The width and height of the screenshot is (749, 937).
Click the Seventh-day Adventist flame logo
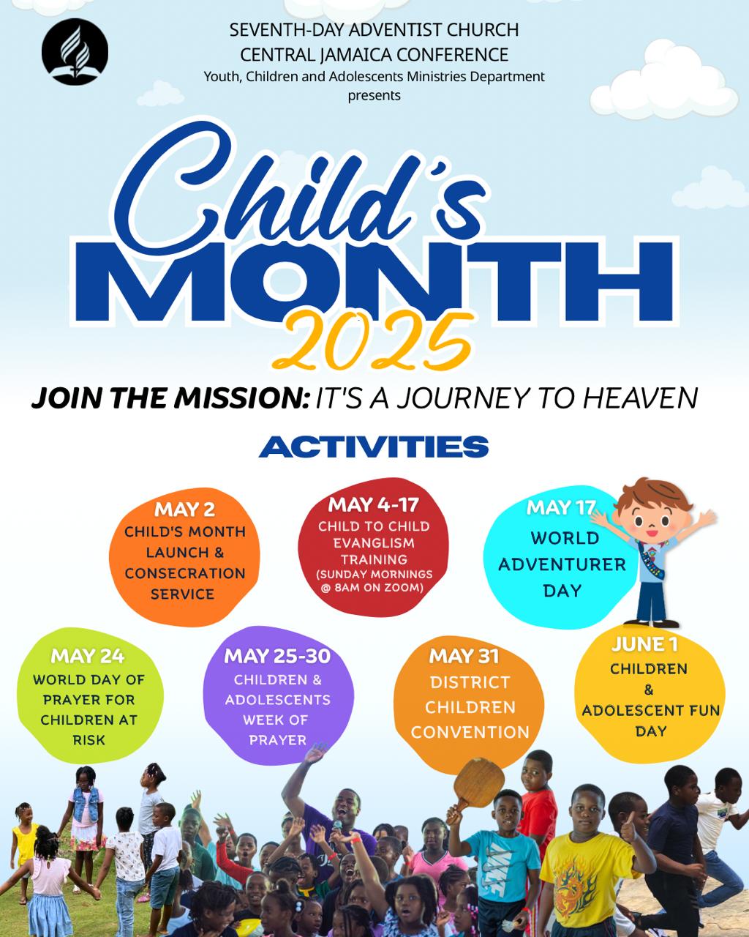point(75,51)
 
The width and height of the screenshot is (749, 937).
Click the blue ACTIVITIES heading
point(374,447)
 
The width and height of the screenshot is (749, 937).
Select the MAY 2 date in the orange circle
point(184,510)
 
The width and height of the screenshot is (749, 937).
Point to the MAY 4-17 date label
point(374,504)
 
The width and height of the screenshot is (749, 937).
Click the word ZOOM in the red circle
point(406,588)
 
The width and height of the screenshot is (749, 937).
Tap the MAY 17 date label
point(560,508)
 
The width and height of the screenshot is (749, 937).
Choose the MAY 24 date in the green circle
point(88,656)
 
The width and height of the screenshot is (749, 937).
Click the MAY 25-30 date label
point(277,656)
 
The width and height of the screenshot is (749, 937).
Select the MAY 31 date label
point(464,656)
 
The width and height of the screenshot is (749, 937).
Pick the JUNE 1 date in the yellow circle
point(644,644)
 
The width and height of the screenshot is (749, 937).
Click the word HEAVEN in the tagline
point(640,397)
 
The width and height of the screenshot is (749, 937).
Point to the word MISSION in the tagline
point(240,397)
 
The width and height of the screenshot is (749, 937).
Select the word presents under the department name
point(374,95)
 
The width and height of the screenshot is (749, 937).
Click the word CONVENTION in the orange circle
point(470,732)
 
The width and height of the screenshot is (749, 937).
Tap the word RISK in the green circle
point(89,740)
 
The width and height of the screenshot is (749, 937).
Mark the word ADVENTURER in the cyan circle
point(562,564)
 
